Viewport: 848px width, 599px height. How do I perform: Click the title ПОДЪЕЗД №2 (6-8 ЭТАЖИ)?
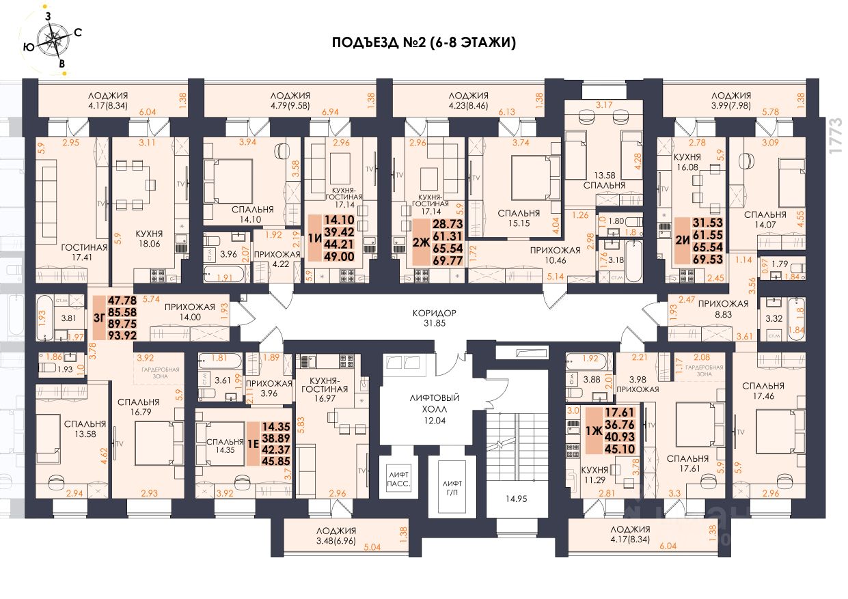424,43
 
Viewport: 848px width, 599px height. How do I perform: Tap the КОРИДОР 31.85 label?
433,318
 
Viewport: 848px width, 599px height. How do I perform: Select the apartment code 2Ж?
421,243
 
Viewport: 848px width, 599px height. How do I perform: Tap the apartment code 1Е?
253,442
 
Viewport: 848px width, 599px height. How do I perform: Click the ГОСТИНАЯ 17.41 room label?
85,253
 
